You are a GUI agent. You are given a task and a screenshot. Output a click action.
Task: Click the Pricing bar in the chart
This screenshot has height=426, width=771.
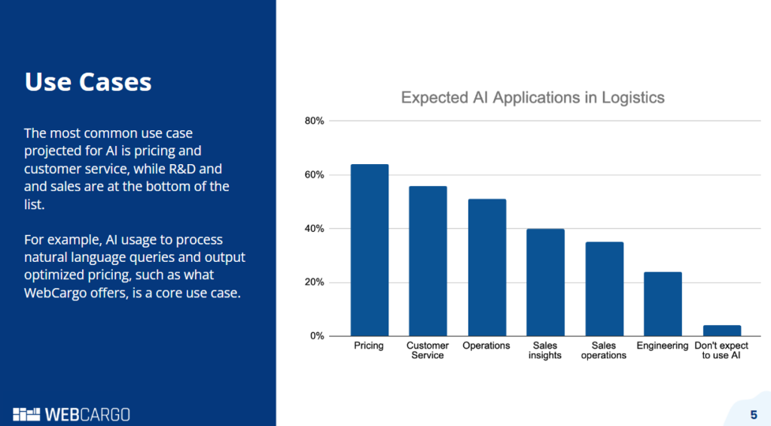coord(369,250)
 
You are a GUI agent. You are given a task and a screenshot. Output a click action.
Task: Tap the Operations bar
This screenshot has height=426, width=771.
coord(486,267)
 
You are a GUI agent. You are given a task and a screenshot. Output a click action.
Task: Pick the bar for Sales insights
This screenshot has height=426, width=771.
coord(545,282)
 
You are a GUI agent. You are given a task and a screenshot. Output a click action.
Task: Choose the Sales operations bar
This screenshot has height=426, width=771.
coord(604,289)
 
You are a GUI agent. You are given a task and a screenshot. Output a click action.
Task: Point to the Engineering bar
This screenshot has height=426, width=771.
coord(663,304)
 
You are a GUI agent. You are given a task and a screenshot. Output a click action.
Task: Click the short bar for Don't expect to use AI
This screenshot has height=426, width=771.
coord(721,330)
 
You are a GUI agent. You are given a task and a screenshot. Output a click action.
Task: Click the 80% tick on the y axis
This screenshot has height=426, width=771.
coord(314,121)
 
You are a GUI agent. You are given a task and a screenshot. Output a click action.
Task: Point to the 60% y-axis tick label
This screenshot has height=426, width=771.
coord(314,175)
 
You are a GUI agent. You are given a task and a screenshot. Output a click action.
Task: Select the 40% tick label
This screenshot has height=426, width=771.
coord(314,229)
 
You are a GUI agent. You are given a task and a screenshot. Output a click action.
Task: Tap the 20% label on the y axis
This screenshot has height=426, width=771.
coord(314,282)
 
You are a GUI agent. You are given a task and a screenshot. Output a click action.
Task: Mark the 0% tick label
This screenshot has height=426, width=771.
coord(316,336)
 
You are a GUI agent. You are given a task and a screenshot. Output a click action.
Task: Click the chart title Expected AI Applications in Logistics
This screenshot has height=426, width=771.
coord(532,97)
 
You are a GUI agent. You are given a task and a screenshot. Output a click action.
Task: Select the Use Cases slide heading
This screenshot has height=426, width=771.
coord(88,81)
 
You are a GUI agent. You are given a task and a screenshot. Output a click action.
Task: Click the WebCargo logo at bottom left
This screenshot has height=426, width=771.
coord(72,414)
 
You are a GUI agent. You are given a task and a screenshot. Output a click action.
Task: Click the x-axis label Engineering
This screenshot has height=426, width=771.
coord(663,346)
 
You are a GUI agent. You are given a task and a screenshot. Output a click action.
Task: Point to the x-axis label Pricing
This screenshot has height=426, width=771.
coord(369,346)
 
